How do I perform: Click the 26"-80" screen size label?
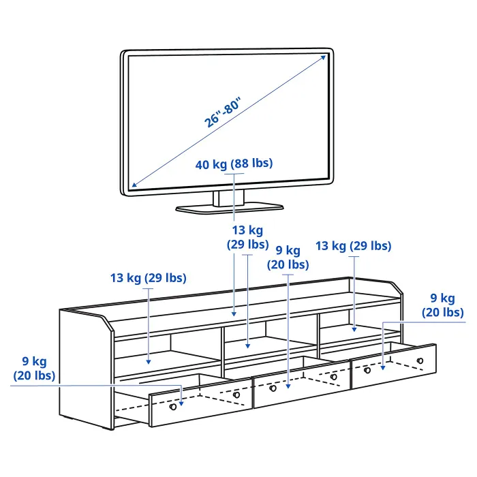tap(222, 112)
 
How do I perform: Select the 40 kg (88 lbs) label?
tap(234, 164)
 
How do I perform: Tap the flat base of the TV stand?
tap(230, 209)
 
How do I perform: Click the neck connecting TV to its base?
tap(228, 198)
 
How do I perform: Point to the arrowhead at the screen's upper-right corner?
tap(324, 58)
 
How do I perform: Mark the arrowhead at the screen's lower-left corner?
tap(134, 185)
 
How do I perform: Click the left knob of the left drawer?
tap(173, 407)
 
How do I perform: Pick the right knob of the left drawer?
tap(236, 395)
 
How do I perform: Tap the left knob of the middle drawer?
tap(273, 388)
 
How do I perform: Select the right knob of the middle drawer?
tap(334, 377)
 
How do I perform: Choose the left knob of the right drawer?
tap(367, 370)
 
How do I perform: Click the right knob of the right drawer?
tap(420, 360)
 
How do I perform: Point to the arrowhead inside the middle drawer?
tap(288, 386)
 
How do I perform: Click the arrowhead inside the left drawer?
tap(181, 403)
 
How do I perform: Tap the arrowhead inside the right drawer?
tap(383, 368)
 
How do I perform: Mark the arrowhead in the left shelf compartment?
tap(148, 362)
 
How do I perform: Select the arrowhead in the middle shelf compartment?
tap(247, 346)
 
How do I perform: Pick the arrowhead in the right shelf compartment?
tap(354, 329)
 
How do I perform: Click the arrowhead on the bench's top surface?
tap(234, 314)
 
